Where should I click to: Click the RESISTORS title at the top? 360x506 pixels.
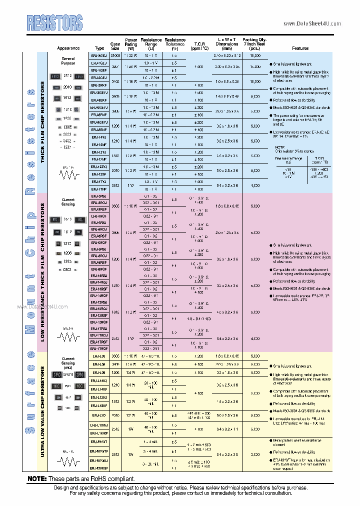point(54,22)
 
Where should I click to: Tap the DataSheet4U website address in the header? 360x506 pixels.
point(312,23)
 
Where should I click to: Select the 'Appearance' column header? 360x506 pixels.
point(68,48)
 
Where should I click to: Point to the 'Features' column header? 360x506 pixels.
point(300,48)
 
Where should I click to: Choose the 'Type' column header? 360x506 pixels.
point(99,48)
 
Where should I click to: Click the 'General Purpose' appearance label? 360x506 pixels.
point(68,61)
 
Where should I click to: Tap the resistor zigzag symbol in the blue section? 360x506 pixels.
point(68,174)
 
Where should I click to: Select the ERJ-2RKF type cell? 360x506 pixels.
point(99,85)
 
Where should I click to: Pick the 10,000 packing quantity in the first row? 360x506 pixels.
point(255,56)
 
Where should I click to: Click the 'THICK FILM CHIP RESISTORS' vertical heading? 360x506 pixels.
point(42,121)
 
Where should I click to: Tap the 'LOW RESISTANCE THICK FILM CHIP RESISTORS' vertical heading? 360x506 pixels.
point(42,272)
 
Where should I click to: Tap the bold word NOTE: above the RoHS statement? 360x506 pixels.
point(37,478)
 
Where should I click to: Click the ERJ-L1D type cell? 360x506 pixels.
point(99,414)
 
